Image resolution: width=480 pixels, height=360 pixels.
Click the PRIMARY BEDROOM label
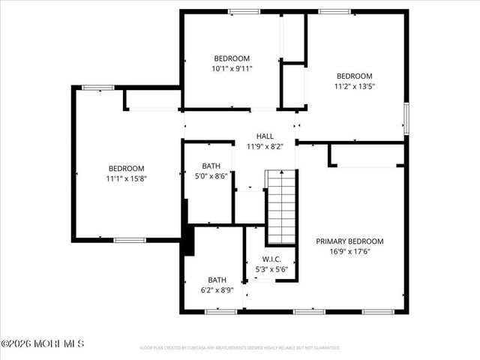click(x=349, y=241)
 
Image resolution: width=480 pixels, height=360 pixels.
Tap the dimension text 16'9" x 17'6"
click(x=349, y=252)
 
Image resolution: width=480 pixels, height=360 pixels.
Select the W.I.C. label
click(x=271, y=259)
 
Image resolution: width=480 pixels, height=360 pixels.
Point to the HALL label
click(x=265, y=136)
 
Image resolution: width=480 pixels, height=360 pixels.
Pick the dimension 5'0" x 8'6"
click(x=211, y=176)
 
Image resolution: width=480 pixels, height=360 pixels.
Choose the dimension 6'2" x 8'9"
click(x=217, y=289)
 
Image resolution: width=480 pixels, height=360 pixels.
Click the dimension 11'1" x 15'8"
click(x=126, y=178)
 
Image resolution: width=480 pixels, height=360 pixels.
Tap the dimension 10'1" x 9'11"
click(x=232, y=68)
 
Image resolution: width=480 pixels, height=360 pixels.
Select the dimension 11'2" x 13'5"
click(x=354, y=86)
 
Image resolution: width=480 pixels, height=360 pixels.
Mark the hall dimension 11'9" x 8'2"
click(x=265, y=146)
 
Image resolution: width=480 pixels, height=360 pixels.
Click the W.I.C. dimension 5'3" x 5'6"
click(x=271, y=269)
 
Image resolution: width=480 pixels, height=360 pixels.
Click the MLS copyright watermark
click(x=43, y=344)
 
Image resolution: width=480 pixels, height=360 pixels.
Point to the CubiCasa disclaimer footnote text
click(x=240, y=348)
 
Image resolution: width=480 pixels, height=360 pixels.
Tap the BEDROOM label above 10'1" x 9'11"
click(x=232, y=58)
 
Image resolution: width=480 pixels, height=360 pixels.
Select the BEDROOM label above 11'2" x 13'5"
click(x=354, y=76)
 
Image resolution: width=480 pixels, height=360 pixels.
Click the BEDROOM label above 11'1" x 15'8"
click(x=126, y=168)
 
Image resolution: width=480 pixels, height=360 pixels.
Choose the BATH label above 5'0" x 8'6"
click(x=211, y=166)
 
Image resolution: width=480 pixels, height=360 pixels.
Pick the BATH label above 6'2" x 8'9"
click(x=217, y=279)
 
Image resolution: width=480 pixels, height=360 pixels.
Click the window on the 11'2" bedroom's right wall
click(x=406, y=118)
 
